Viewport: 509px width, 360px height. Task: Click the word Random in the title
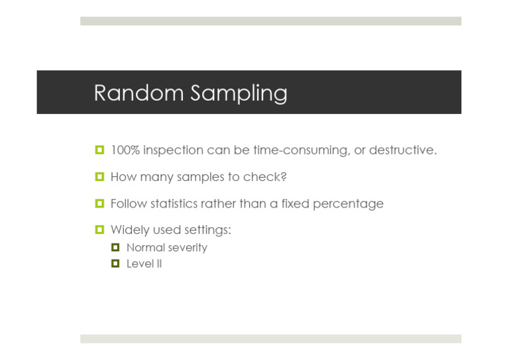coord(135,93)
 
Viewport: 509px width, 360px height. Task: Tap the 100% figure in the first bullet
coord(125,150)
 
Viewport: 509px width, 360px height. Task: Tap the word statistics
coord(174,204)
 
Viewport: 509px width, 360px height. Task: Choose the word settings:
coord(207,231)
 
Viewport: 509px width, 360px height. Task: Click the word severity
coord(187,248)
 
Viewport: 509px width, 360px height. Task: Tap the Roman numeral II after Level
coord(158,264)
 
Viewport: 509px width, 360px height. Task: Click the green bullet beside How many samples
coord(99,177)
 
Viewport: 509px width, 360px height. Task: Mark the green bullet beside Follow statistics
coord(99,204)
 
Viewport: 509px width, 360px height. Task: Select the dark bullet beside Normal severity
coord(115,247)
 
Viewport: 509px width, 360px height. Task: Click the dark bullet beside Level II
coord(115,263)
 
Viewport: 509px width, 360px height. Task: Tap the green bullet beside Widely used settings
coord(99,230)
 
